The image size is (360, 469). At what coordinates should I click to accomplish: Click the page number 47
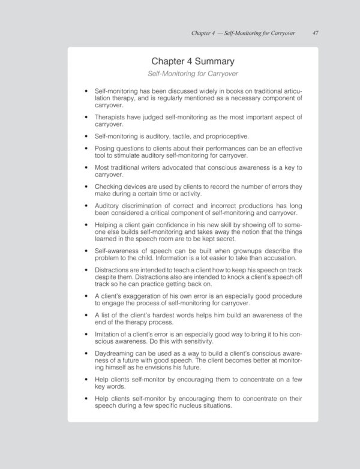point(315,33)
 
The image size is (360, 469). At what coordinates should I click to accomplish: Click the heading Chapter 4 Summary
point(193,61)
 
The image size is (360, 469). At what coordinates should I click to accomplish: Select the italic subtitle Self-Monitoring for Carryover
point(193,74)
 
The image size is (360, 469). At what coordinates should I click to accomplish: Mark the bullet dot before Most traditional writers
point(88,168)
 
